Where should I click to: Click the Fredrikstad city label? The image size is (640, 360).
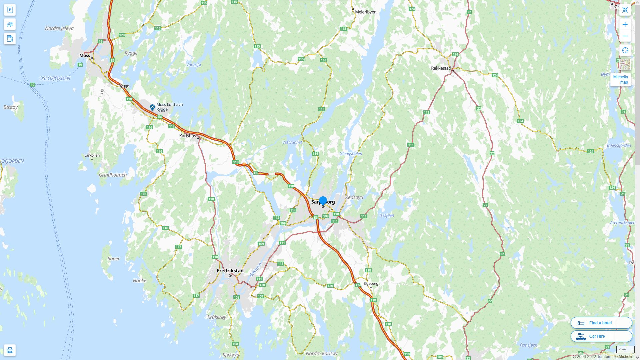(230, 271)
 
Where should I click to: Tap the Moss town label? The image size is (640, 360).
(85, 55)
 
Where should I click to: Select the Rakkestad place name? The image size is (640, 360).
(441, 68)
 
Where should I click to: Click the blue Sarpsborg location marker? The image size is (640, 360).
(323, 201)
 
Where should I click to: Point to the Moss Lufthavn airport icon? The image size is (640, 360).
(152, 107)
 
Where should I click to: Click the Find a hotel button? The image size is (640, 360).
(601, 323)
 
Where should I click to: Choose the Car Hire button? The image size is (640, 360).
(601, 336)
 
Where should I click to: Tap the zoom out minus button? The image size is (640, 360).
(625, 36)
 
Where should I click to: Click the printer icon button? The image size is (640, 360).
(10, 350)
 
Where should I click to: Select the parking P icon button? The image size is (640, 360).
(10, 10)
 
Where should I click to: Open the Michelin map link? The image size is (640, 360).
(620, 79)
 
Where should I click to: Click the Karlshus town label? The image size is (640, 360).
(188, 136)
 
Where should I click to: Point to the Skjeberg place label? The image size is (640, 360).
(371, 283)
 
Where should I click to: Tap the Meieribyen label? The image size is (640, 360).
(366, 12)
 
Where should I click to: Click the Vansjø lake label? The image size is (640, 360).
(193, 65)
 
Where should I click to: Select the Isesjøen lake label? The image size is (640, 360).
(386, 215)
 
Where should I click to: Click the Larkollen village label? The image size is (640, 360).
(92, 155)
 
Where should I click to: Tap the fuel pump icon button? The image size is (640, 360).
(10, 38)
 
